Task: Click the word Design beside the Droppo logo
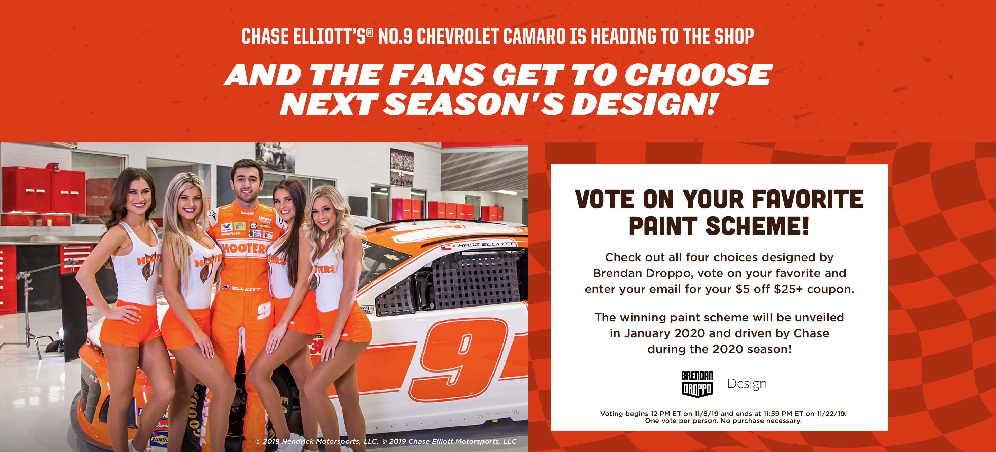click(x=747, y=384)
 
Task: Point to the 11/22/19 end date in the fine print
click(x=831, y=414)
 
